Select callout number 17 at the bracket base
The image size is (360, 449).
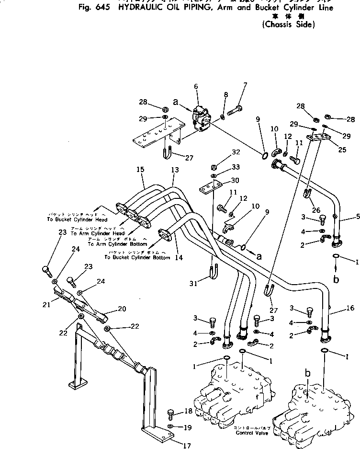[187, 445]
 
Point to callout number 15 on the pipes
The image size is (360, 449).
[140, 170]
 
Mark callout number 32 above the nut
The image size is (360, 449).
[235, 152]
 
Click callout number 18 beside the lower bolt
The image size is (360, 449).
[188, 411]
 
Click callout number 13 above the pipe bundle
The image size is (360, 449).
[175, 170]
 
